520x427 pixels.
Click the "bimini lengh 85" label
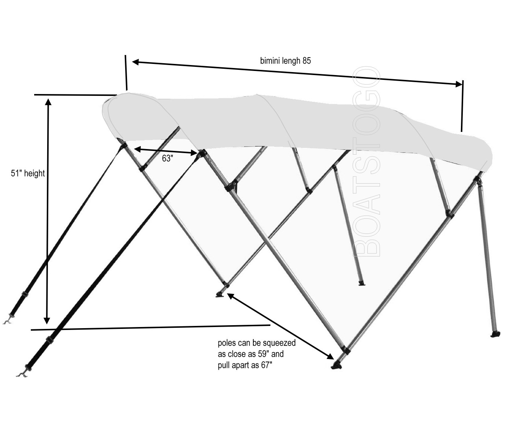coord(285,61)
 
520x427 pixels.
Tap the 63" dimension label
coord(168,158)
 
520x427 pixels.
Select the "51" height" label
coord(28,174)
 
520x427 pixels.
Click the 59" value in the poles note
coord(264,354)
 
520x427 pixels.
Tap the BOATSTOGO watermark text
coord(366,161)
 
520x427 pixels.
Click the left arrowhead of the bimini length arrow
coord(136,62)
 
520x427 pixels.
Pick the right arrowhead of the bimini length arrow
coord(458,84)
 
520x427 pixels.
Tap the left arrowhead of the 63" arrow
coord(137,149)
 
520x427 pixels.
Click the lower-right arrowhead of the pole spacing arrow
coord(331,356)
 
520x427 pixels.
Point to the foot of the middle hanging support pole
coord(362,283)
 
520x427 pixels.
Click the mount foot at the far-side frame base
coord(220,294)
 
